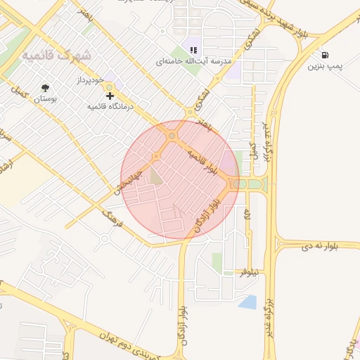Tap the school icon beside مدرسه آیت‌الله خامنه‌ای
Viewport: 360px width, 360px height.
pos(193,49)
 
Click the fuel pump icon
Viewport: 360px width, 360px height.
pos(324,55)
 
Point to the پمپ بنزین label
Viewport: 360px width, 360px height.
pos(324,67)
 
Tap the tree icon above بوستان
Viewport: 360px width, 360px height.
pos(46,88)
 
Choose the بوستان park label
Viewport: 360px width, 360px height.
pos(46,100)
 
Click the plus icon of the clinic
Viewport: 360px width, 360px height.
pos(110,95)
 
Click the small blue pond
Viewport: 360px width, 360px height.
pos(247,302)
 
